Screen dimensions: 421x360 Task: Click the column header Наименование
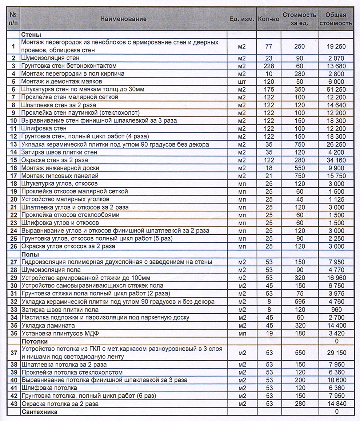pyautogui.click(x=124, y=19)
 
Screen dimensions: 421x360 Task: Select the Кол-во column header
pyautogui.click(x=268, y=19)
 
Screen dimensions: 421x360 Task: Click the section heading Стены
pyautogui.click(x=31, y=35)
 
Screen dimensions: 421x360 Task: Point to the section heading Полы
pyautogui.click(x=30, y=254)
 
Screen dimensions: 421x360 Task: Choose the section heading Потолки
pyautogui.click(x=35, y=341)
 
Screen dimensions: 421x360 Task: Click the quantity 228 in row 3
pyautogui.click(x=268, y=66)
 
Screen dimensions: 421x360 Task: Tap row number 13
pyautogui.click(x=13, y=144)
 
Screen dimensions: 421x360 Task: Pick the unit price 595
pyautogui.click(x=300, y=302)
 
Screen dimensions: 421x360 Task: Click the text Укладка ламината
pyautogui.click(x=48, y=325)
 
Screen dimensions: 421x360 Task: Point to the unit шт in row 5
pyautogui.click(x=242, y=82)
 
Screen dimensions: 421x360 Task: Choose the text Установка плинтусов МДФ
pyautogui.click(x=55, y=333)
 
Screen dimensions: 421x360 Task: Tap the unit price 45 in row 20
pyautogui.click(x=300, y=199)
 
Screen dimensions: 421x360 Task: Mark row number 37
pyautogui.click(x=13, y=353)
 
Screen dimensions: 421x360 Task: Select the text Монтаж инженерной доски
pyautogui.click(x=60, y=168)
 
